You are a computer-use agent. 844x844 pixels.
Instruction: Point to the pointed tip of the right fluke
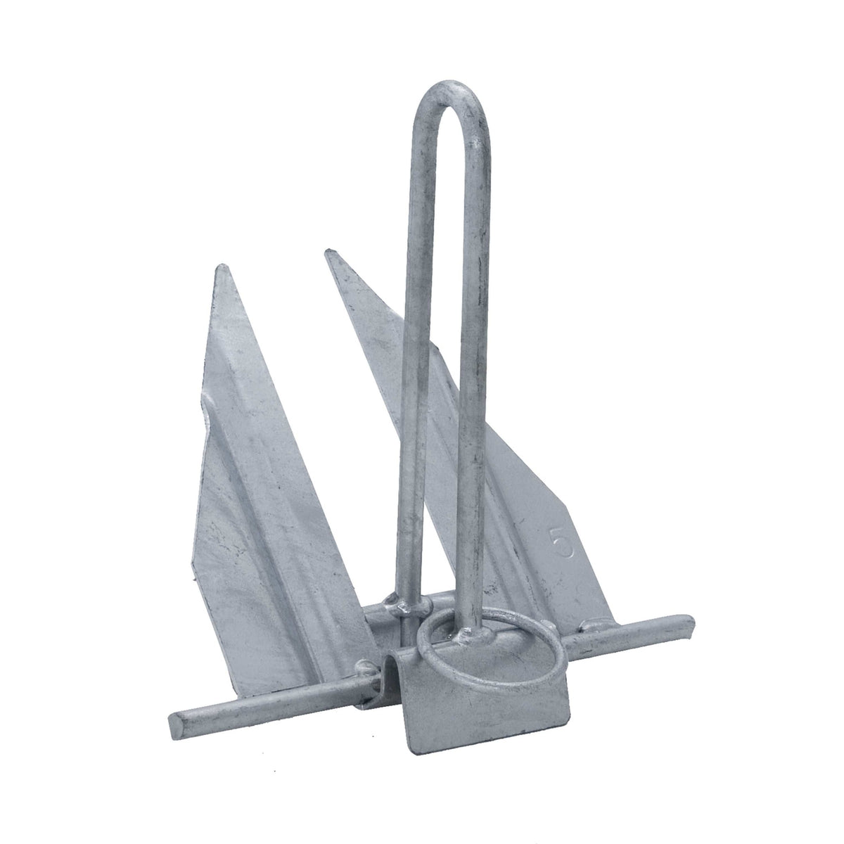[x=328, y=252]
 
